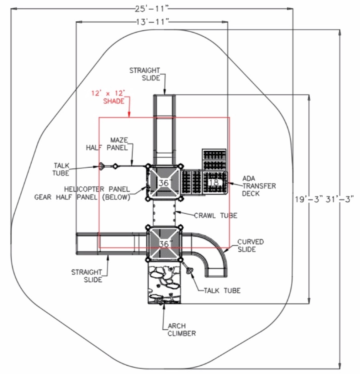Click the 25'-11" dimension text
[x=152, y=9]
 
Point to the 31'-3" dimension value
[x=340, y=199]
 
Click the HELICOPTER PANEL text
[x=97, y=189]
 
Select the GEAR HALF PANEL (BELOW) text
[x=82, y=197]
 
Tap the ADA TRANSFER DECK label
[x=259, y=186]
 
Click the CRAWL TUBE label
[x=215, y=216]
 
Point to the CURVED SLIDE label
[x=250, y=246]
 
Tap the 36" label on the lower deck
[x=165, y=244]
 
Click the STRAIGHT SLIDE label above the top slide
[x=145, y=74]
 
